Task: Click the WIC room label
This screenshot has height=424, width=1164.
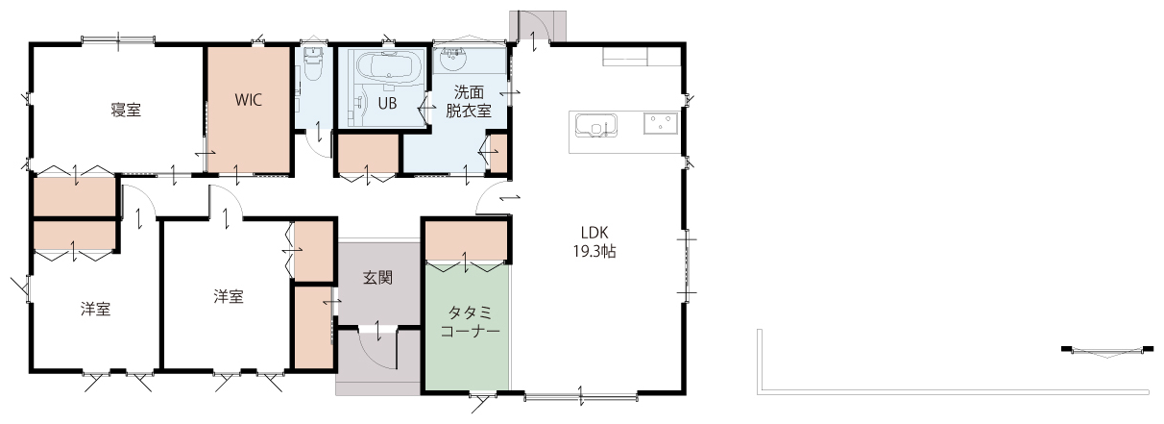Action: [x=248, y=99]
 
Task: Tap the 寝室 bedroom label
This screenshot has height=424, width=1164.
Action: [x=126, y=110]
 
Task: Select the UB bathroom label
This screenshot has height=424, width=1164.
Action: [x=387, y=104]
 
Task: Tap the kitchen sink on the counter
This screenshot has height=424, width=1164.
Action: [x=596, y=125]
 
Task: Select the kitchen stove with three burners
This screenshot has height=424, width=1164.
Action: [x=661, y=123]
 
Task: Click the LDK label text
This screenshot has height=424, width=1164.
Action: [x=594, y=232]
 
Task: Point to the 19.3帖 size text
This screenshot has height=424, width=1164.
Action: [x=594, y=252]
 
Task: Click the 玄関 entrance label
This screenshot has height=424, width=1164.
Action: [x=377, y=278]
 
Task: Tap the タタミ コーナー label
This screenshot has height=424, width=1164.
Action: [x=470, y=321]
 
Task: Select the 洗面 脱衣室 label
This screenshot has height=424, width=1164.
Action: [x=469, y=102]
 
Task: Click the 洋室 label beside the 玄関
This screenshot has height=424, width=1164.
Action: [x=229, y=296]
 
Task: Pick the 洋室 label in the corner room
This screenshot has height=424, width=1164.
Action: [x=96, y=309]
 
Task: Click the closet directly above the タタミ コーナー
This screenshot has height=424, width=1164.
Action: [x=466, y=238]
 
